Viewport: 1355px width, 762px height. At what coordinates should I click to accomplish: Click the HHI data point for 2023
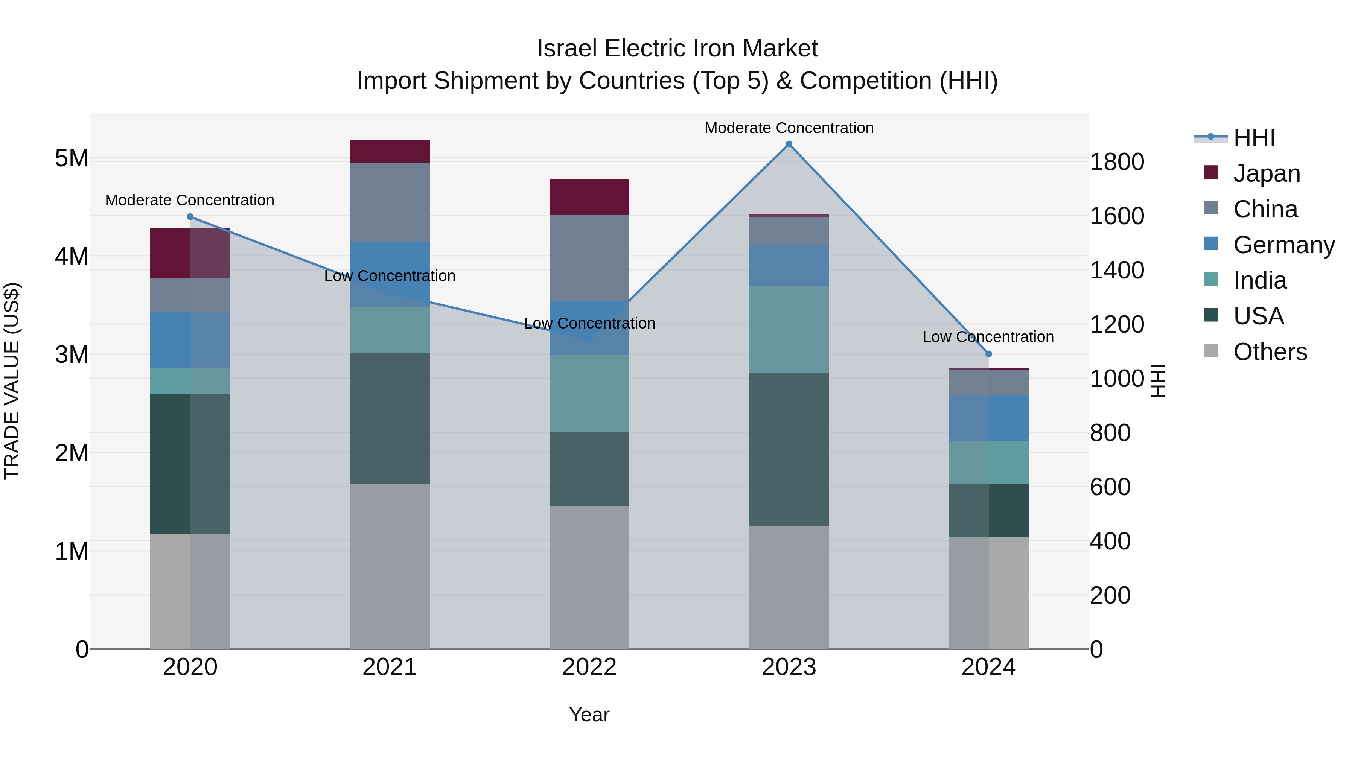coord(789,144)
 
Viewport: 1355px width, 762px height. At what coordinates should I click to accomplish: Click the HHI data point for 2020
coord(190,217)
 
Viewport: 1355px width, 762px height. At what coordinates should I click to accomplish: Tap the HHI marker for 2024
coord(988,354)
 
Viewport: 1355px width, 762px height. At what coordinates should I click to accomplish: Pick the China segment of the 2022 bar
coord(589,258)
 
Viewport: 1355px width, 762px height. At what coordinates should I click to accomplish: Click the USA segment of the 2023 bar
coord(789,450)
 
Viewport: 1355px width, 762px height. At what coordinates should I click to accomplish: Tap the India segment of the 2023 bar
coord(789,330)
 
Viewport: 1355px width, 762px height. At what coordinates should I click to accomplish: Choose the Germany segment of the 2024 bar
coord(988,418)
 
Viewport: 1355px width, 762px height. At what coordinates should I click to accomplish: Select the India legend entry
coord(1259,280)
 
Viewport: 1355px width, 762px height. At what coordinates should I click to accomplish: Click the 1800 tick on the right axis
coord(1116,162)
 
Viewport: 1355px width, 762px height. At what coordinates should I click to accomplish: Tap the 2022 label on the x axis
coord(589,667)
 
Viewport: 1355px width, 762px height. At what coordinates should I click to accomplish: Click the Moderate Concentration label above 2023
coord(789,128)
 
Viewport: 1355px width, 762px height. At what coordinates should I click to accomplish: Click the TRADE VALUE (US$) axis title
coord(12,381)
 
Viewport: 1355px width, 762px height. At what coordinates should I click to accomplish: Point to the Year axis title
coord(589,715)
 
